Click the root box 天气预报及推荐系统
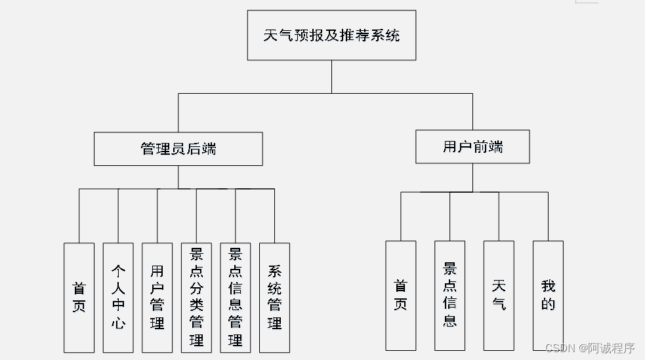click(x=331, y=35)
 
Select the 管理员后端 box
click(x=178, y=149)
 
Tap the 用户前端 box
click(x=472, y=146)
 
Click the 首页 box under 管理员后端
click(x=79, y=298)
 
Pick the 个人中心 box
click(x=118, y=298)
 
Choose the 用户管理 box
click(x=157, y=298)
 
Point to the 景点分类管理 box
click(x=196, y=298)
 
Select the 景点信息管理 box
click(x=235, y=298)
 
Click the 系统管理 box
click(x=274, y=298)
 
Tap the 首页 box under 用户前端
click(x=400, y=295)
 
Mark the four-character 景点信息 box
click(x=449, y=295)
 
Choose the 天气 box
click(x=499, y=295)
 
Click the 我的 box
click(x=548, y=295)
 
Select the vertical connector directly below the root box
click(x=331, y=76)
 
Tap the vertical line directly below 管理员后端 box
click(x=178, y=177)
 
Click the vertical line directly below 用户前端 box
click(x=472, y=178)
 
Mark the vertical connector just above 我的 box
click(x=548, y=216)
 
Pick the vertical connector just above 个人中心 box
click(x=118, y=216)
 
